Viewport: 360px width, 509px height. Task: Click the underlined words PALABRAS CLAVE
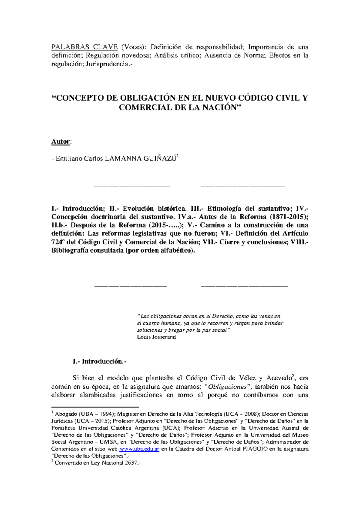(x=84, y=47)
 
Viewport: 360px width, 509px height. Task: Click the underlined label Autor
(x=61, y=142)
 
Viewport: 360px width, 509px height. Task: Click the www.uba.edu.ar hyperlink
(x=139, y=449)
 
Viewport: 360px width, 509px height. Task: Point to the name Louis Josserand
(x=156, y=337)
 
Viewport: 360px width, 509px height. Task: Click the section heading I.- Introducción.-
(x=100, y=362)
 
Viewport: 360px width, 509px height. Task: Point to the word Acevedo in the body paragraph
(x=279, y=378)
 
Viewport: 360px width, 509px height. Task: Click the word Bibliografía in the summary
(x=70, y=251)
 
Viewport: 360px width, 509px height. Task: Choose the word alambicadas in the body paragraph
(x=97, y=395)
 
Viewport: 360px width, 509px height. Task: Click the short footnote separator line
(x=95, y=407)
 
